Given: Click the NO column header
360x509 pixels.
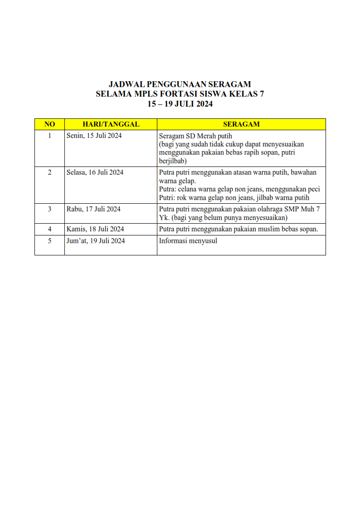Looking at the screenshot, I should pos(49,124).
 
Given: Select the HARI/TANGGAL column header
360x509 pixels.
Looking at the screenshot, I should pos(111,124).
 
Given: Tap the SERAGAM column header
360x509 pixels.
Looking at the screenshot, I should pos(241,124).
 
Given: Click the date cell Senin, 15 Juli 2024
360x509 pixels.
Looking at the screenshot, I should pos(94,136).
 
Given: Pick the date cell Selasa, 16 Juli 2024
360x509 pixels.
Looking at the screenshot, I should pos(95,172).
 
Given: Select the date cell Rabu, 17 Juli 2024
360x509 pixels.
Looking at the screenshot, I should pos(93,209).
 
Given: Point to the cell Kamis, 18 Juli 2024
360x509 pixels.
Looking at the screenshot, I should pos(95,229).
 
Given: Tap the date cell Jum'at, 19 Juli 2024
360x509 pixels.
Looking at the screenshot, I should pos(96,241).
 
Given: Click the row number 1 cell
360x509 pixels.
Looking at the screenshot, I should pos(49,136).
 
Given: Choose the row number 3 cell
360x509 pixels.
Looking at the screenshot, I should pos(49,209).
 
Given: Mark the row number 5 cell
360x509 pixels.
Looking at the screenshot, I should pos(49,241).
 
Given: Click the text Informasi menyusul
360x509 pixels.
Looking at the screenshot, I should pos(188,241).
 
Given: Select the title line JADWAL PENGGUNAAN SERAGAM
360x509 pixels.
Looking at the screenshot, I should pos(180,84).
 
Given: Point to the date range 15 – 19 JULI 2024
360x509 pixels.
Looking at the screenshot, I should pos(180,104).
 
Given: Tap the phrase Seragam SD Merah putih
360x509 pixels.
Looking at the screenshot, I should pos(195,136).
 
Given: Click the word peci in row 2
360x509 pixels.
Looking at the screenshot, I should pos(313,189).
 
